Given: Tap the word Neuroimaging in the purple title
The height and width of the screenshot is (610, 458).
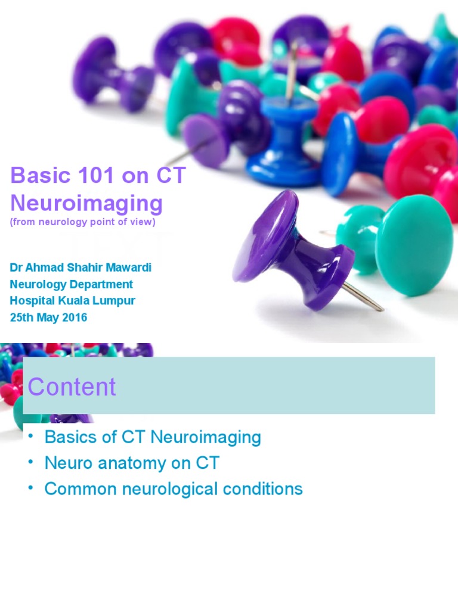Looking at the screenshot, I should [86, 203].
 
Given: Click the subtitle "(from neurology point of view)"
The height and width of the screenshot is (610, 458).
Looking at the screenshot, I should [82, 222].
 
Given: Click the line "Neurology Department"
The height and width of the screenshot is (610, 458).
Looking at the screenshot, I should [72, 284].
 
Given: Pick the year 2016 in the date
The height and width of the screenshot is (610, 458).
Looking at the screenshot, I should [74, 318].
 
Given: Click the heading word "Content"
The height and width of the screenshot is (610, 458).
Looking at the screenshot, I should [72, 387].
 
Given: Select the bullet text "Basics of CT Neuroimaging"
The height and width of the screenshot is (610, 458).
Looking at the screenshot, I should [153, 437].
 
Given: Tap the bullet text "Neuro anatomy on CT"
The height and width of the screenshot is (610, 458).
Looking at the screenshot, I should [132, 463].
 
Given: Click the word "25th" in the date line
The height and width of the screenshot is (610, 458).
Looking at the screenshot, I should [23, 318].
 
